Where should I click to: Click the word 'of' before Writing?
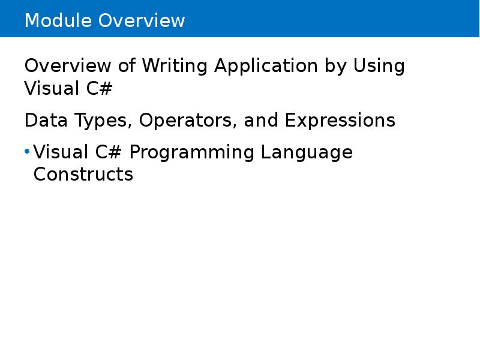click(128, 66)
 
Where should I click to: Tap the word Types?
click(101, 121)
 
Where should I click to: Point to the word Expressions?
click(340, 121)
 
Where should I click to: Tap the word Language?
click(307, 153)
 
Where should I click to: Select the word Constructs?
click(83, 175)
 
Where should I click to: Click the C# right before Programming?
click(109, 152)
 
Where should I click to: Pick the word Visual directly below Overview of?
click(50, 88)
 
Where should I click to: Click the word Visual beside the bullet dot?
click(59, 152)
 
